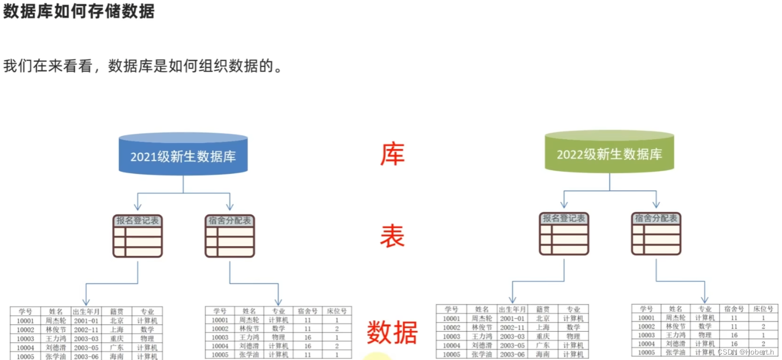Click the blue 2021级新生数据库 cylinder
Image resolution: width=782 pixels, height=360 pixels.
coord(183,155)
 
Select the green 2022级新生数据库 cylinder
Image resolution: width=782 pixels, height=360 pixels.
coord(609,153)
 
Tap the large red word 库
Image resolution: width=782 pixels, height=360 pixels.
coord(392,154)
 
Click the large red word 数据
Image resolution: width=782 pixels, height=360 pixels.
coord(392,332)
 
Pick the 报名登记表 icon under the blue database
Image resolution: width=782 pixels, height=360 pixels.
coord(138,236)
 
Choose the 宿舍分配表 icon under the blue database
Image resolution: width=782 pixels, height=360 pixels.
coord(230,236)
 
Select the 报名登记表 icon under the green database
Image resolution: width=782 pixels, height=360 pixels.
coord(564,233)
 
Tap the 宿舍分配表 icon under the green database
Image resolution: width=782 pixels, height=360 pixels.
coord(656,233)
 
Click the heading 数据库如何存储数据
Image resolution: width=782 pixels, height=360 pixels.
coord(79,11)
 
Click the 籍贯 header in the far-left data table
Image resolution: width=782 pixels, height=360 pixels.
coord(117,311)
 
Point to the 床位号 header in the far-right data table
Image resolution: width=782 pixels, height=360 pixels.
coord(763,309)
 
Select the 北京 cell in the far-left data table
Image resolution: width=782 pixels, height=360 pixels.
coord(117,321)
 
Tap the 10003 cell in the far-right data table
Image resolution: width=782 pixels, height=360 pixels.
coord(646,335)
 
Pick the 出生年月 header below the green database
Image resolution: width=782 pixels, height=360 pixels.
coord(512,309)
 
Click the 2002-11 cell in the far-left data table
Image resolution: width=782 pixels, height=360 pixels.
coord(86,329)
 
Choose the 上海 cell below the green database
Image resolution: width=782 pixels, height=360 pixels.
coord(543,327)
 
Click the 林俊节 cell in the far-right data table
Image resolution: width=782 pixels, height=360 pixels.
coord(676,326)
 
